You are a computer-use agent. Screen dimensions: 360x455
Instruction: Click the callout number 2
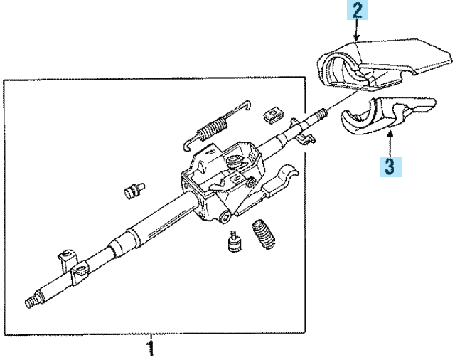tap(356, 11)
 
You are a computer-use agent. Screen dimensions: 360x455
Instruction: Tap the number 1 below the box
tap(149, 349)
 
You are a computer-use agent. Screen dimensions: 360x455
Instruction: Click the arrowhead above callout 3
tap(390, 132)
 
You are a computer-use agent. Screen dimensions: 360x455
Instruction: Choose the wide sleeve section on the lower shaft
tap(142, 235)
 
